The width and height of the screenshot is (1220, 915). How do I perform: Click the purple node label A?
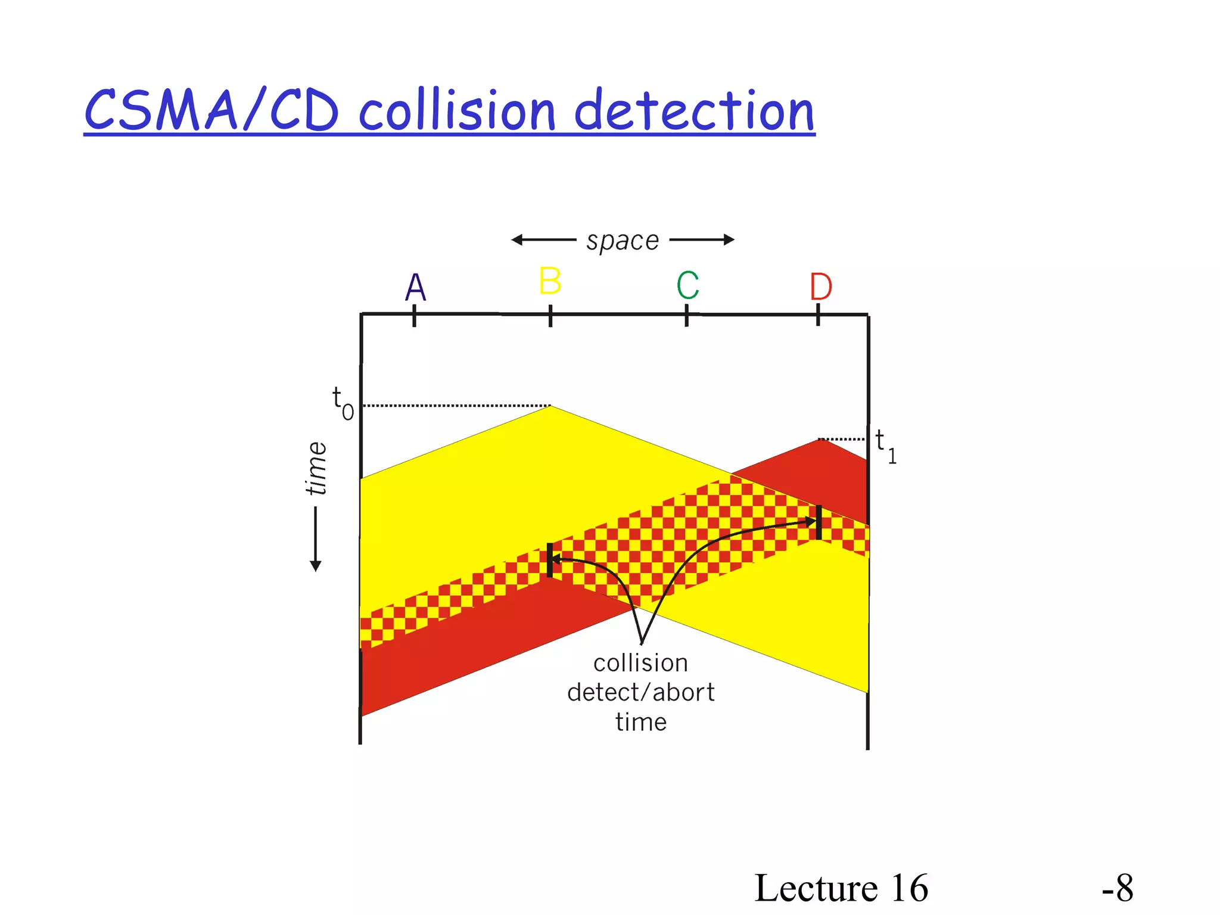pos(416,288)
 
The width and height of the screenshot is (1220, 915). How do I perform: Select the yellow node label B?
pos(550,281)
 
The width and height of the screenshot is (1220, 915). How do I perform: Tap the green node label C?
pos(687,285)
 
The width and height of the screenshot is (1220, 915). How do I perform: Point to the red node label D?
pos(820,287)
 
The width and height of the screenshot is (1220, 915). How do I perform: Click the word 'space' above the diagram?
pos(623,241)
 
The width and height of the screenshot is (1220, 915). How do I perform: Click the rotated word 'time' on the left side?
pos(316,469)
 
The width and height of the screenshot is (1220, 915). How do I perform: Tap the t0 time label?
pos(343,403)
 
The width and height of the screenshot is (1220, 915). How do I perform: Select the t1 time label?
pos(885,447)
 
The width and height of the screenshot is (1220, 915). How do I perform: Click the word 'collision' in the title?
pos(457,111)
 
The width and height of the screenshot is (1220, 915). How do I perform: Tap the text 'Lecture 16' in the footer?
pos(841,888)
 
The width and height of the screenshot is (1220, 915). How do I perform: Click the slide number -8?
pos(1117,888)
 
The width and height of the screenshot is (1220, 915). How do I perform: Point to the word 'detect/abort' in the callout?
pos(640,693)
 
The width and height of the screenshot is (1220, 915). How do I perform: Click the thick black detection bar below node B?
pos(550,560)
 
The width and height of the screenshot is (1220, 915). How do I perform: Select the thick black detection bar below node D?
pos(819,522)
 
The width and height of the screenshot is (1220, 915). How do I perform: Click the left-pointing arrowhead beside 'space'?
pos(516,240)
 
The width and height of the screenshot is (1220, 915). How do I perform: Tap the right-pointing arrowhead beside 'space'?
pos(729,240)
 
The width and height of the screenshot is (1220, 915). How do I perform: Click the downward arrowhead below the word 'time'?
pos(316,566)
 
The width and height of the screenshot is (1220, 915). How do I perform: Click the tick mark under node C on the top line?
pos(687,316)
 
